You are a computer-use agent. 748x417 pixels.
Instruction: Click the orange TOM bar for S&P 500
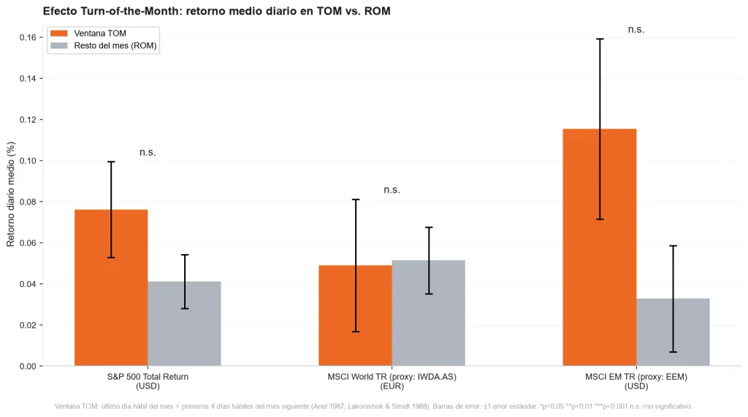111,288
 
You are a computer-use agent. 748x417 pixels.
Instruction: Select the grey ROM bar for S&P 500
184,324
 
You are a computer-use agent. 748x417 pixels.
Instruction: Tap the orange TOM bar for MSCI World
356,315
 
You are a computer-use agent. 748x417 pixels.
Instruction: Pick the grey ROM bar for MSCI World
428,313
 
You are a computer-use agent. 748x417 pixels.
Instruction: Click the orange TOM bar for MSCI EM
600,247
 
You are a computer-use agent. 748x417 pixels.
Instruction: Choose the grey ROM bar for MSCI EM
673,332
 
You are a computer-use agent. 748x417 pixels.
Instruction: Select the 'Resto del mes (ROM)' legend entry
104,46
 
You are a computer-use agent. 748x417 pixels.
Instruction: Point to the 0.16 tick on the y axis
28,37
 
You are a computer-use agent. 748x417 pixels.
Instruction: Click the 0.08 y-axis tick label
28,202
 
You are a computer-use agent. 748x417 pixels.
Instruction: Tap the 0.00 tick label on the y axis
28,366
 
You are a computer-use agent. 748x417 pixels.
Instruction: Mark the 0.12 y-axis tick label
28,119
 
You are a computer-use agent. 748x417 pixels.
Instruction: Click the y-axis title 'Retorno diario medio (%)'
10,194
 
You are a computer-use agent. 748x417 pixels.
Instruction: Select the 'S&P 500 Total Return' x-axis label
148,376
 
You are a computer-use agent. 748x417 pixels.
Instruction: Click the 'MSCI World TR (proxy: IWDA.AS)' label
392,376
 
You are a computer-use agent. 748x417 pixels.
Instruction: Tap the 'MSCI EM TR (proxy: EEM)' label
636,376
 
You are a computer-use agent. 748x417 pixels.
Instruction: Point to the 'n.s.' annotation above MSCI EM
636,30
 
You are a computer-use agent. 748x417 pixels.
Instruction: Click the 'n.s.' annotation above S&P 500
148,153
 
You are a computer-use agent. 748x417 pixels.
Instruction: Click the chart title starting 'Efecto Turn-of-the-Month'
216,11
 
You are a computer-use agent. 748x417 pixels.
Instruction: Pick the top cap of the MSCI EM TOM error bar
600,39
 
